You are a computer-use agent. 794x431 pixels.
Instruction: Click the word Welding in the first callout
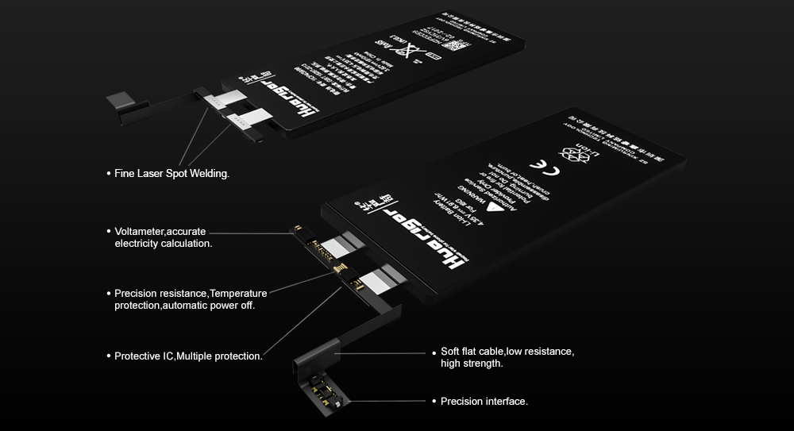(x=209, y=173)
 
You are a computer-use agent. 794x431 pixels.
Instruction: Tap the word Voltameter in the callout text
(x=140, y=231)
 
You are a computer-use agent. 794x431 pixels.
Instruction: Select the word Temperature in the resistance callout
(x=238, y=294)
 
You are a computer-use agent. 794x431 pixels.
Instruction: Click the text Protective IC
(x=144, y=356)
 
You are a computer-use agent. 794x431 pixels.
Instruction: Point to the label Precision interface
(x=484, y=402)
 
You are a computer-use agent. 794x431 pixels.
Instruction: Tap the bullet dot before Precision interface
(x=434, y=402)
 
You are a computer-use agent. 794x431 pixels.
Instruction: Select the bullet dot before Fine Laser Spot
(x=108, y=173)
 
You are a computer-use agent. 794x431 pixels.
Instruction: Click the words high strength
(x=472, y=364)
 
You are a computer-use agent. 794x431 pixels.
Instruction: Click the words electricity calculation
(x=164, y=244)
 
